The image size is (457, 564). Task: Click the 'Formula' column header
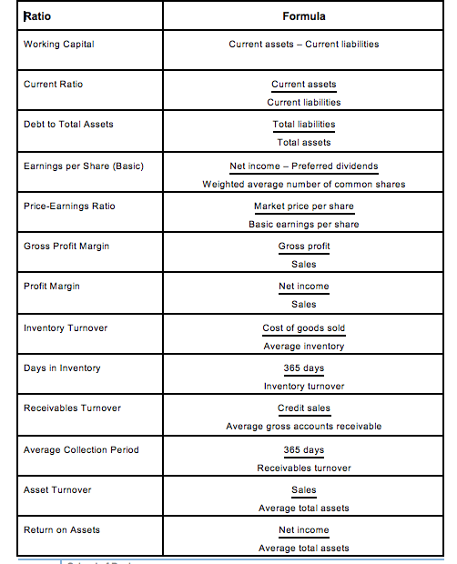coord(304,16)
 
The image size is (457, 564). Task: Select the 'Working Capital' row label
coord(58,44)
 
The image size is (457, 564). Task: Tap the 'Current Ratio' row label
coord(53,84)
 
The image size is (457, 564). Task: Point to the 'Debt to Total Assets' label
coord(68,124)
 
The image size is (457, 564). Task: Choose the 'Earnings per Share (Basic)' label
coord(82,166)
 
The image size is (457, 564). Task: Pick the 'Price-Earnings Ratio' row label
coord(69,206)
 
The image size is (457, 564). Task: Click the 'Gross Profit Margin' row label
coord(66,246)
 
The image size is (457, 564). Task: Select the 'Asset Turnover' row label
coord(57,489)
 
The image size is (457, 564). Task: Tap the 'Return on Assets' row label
coord(61,529)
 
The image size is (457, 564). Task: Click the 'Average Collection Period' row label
coord(81,449)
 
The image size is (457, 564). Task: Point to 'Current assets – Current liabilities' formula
coord(304,44)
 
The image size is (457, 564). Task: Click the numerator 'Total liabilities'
coord(304,124)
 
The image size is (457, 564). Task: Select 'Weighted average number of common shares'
coord(304,184)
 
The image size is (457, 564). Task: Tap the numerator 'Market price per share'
coord(304,206)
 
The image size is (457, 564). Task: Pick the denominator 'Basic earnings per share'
coord(304,224)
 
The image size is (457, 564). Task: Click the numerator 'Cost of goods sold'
coord(304,327)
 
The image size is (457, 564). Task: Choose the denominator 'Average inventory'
coord(304,346)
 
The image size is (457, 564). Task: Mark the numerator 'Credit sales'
coord(304,408)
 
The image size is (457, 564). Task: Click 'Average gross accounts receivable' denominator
coord(304,426)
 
